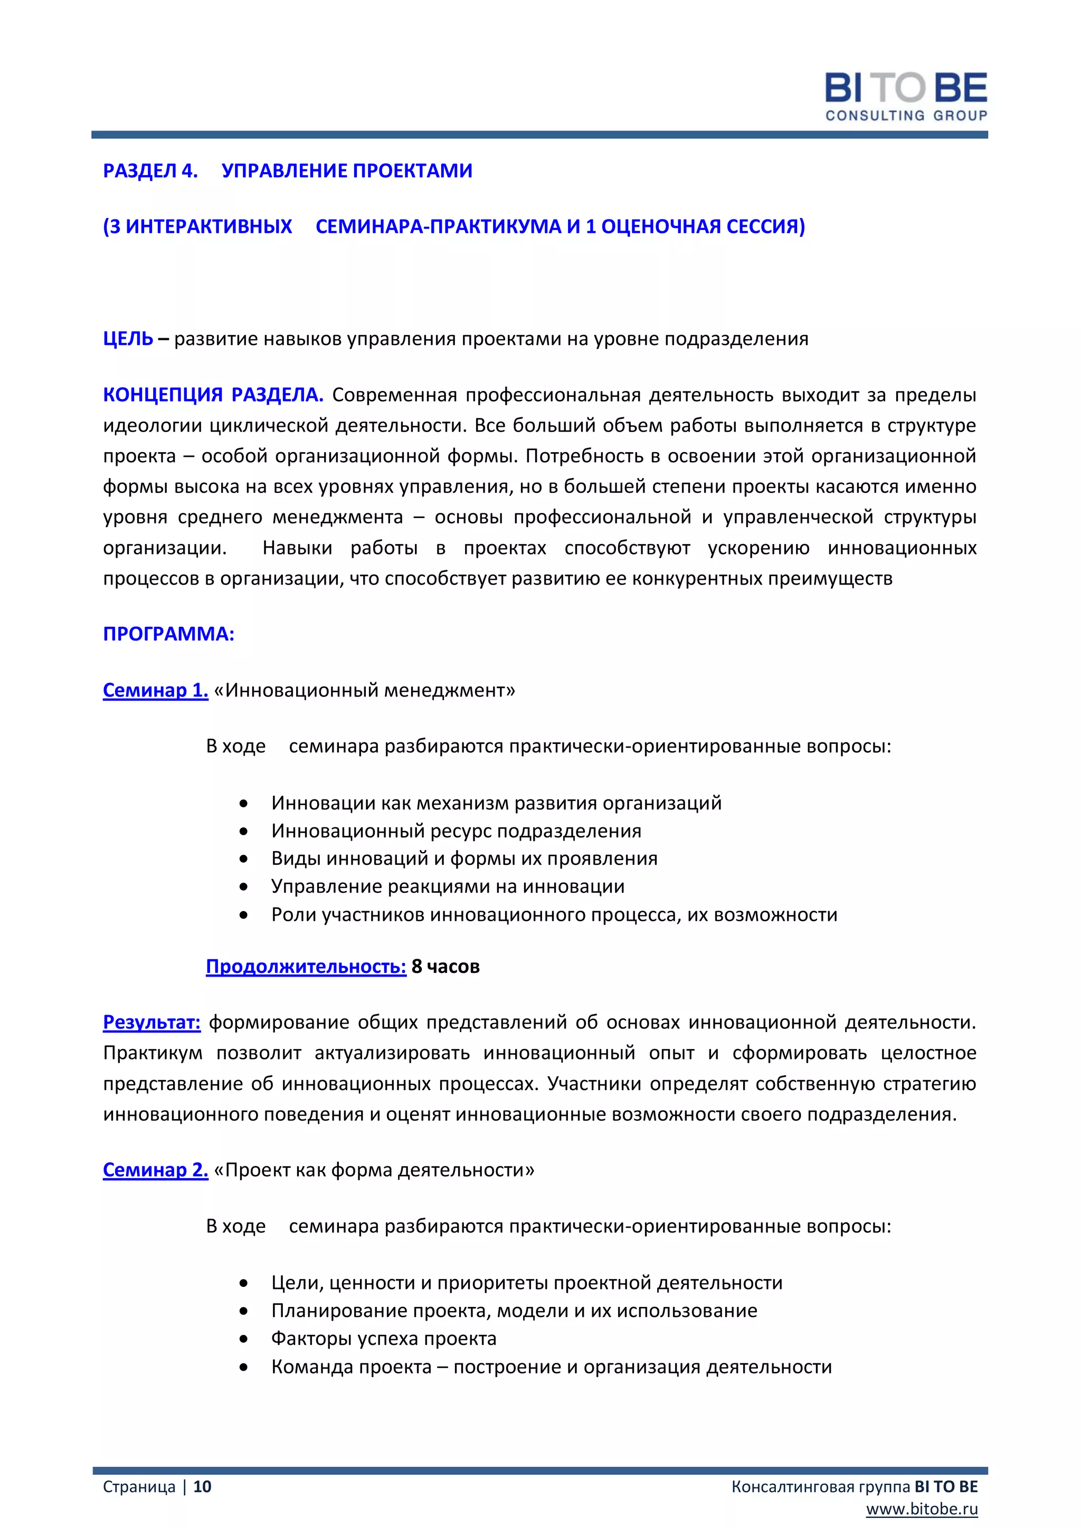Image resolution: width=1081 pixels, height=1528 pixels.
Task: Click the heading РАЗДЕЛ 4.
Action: tap(150, 171)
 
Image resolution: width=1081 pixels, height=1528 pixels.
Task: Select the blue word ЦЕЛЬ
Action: tap(128, 339)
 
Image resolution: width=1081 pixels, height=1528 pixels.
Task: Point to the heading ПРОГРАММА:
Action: tap(168, 634)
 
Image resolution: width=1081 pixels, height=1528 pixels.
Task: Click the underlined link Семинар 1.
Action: tap(155, 691)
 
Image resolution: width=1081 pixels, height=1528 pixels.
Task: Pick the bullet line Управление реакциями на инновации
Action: tap(447, 887)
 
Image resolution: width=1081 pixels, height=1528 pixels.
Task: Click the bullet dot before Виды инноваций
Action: tap(244, 859)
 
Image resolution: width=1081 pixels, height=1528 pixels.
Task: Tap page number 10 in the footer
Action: tap(202, 1487)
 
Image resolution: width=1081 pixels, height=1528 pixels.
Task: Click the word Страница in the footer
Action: tap(139, 1487)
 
